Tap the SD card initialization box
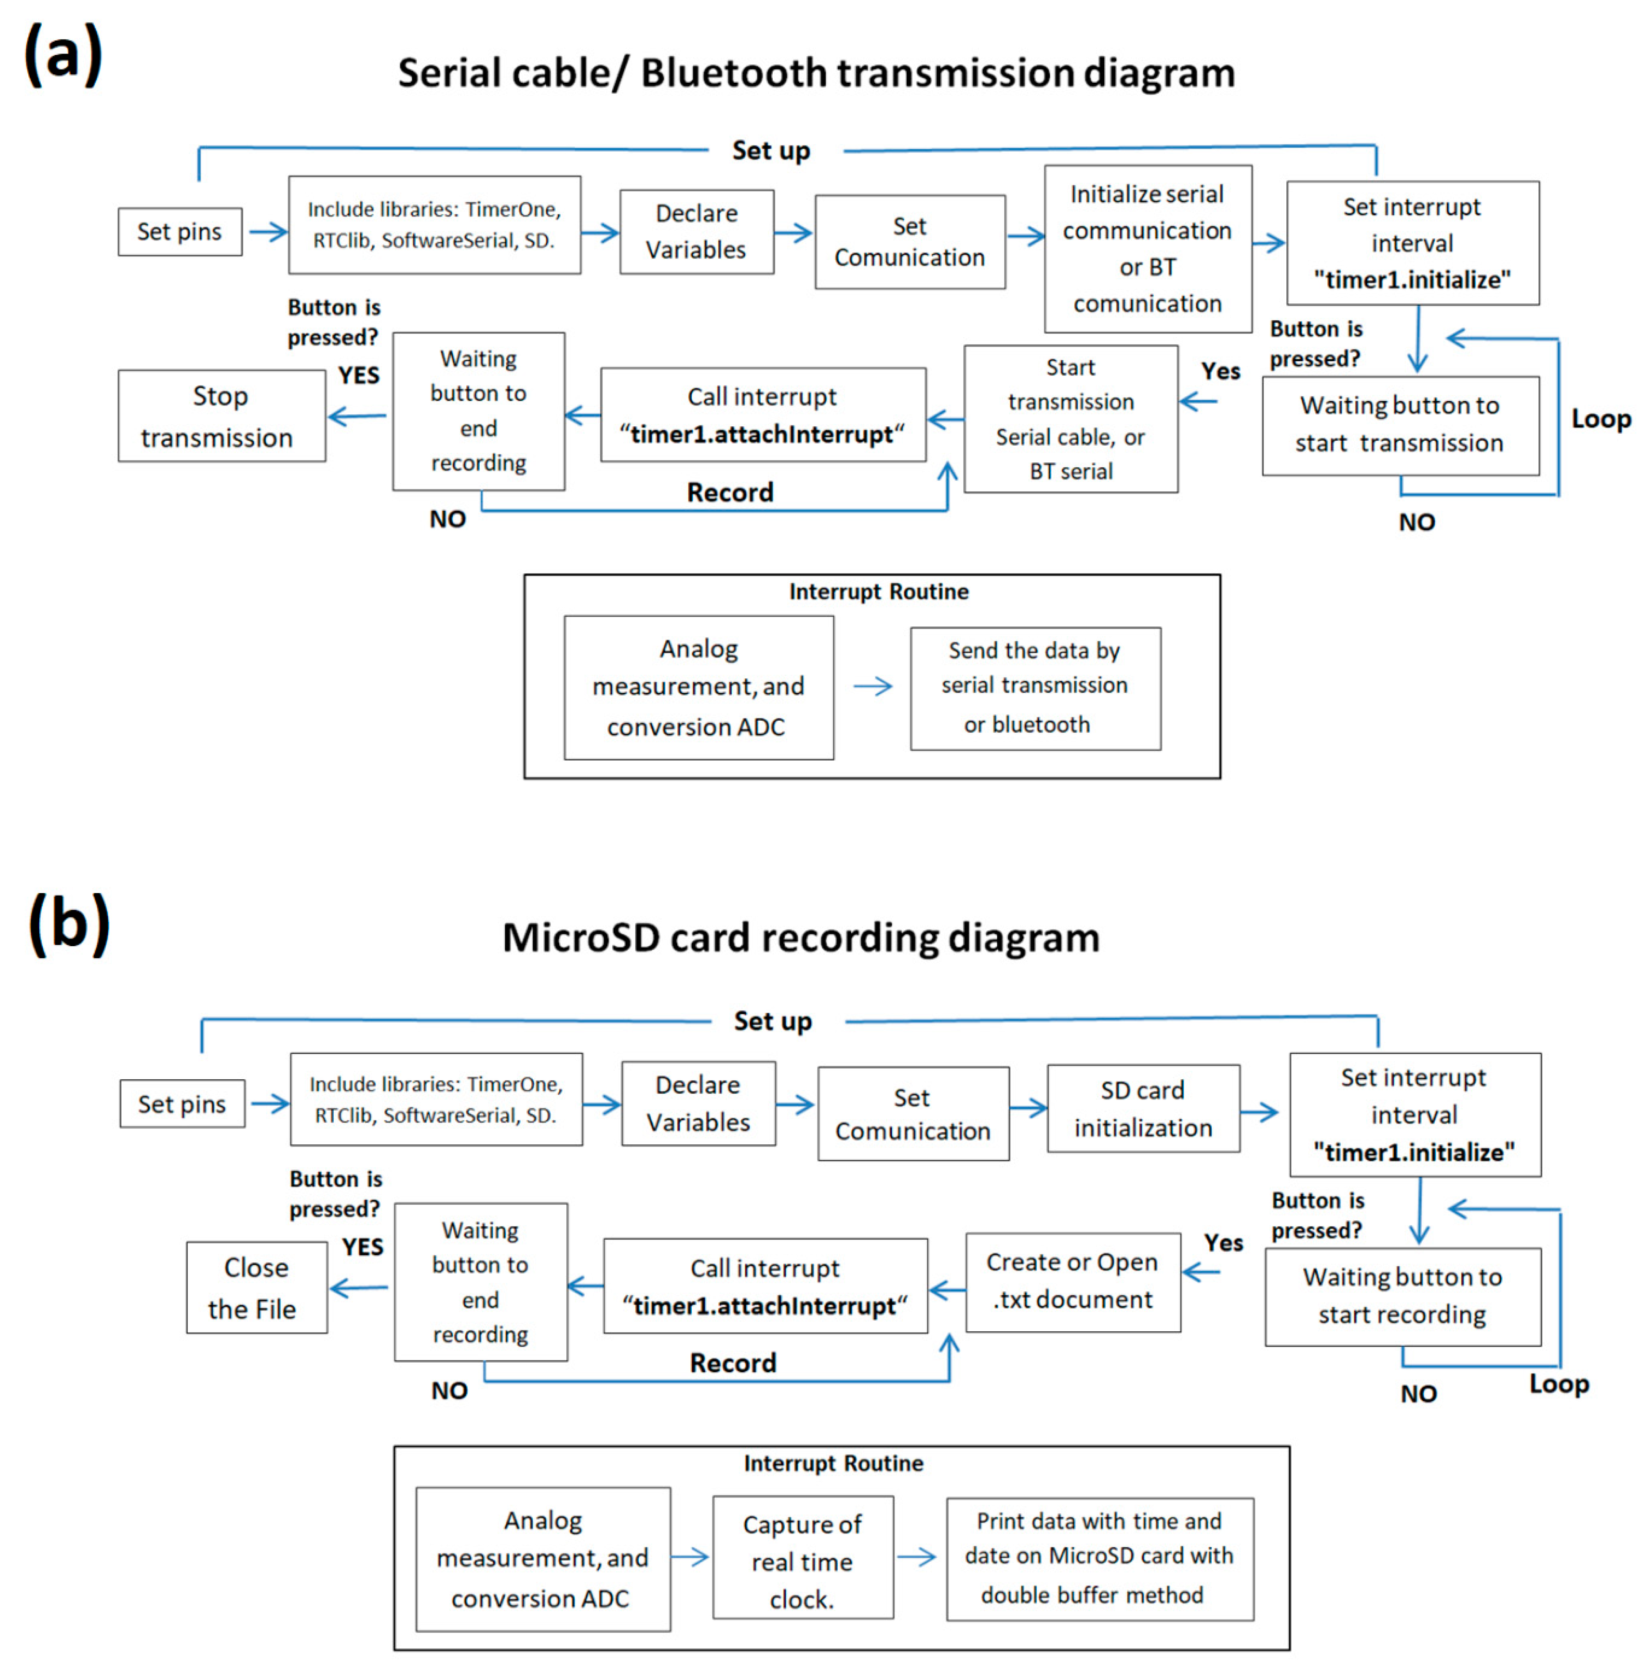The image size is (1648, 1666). (1143, 1109)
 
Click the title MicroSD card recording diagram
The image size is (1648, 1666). (800, 937)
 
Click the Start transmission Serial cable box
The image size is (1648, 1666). (1070, 419)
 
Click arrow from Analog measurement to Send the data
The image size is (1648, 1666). (872, 687)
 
